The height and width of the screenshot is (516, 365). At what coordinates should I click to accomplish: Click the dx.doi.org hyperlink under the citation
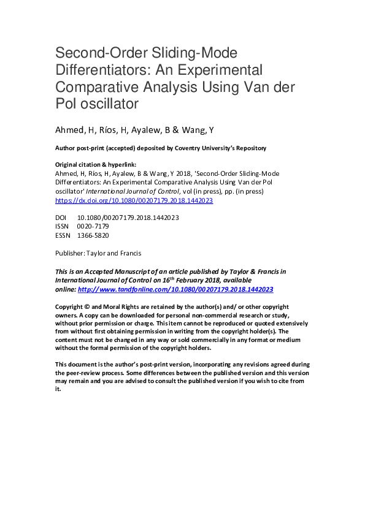click(134, 200)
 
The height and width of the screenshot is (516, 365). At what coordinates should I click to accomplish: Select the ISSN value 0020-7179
click(93, 226)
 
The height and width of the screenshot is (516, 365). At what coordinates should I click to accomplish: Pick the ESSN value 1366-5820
click(93, 235)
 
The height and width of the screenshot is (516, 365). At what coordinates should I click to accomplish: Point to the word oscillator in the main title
click(108, 104)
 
